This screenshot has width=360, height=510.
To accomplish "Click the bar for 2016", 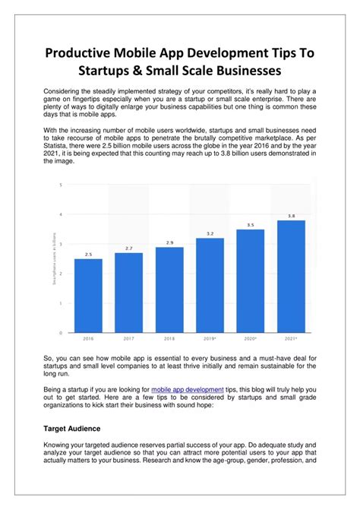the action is tap(88, 296).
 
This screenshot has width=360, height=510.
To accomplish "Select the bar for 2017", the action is tap(128, 293).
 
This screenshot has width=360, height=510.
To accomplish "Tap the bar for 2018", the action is tap(169, 290).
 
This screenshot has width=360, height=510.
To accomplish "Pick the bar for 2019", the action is tap(210, 285).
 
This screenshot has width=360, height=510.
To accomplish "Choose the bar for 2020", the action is tap(251, 280).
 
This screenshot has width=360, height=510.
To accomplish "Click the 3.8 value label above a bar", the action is tap(291, 216).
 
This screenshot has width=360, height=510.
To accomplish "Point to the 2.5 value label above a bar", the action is tap(88, 254).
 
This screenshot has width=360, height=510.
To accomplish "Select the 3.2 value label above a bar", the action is tap(210, 233).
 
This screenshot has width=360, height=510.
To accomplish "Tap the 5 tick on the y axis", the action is tap(61, 185).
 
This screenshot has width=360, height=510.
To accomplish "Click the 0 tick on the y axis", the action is tap(61, 333).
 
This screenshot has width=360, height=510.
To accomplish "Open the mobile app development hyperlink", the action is tap(188, 388).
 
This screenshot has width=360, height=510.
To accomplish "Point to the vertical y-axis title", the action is tap(51, 258).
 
